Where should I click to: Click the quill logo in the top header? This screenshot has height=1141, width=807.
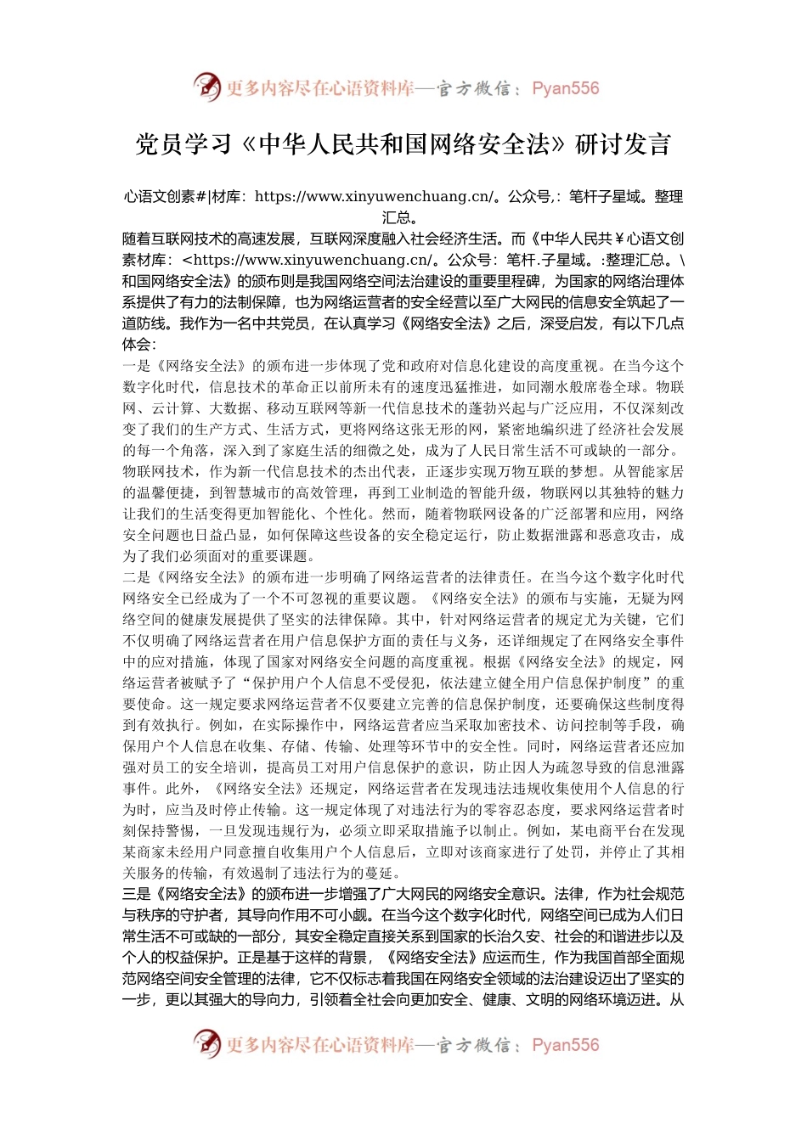(206, 87)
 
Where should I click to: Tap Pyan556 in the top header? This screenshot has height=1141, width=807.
(565, 88)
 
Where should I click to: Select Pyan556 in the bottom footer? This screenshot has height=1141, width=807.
(565, 1045)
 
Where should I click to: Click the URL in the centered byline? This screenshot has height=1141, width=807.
(374, 197)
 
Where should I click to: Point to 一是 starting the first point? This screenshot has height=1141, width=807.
(137, 366)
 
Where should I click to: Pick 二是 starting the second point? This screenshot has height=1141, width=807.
(137, 577)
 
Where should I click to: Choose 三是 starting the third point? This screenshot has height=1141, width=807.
(137, 894)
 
